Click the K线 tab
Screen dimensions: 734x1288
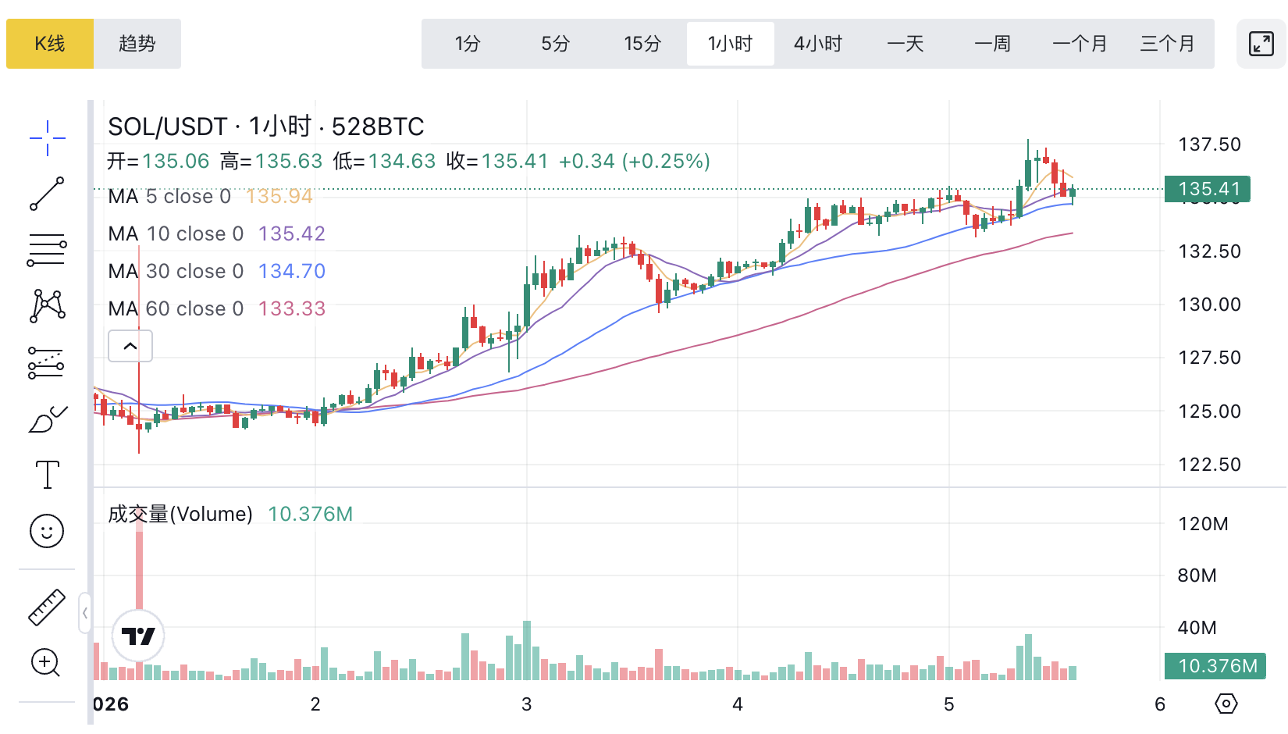[50, 44]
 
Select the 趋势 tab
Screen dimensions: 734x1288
[137, 44]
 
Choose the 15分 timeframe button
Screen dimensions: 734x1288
[642, 44]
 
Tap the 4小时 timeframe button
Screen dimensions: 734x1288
[818, 44]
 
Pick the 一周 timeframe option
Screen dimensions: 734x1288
[993, 44]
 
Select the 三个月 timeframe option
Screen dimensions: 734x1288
[1168, 44]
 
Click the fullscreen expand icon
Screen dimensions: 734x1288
[1261, 44]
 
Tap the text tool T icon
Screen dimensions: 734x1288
[47, 475]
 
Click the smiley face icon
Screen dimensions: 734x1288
[47, 532]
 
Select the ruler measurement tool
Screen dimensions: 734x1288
[47, 608]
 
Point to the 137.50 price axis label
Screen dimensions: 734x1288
[1209, 144]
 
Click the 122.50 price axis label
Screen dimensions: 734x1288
[1209, 465]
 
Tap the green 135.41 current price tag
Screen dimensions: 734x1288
[1208, 189]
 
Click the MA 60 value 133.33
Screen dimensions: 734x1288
[292, 308]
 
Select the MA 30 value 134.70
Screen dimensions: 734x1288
[292, 271]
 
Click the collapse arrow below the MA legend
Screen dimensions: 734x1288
[130, 346]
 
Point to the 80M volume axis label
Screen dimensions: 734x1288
[1197, 575]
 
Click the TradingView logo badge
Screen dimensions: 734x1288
[138, 636]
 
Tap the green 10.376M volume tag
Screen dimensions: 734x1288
[1215, 666]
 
